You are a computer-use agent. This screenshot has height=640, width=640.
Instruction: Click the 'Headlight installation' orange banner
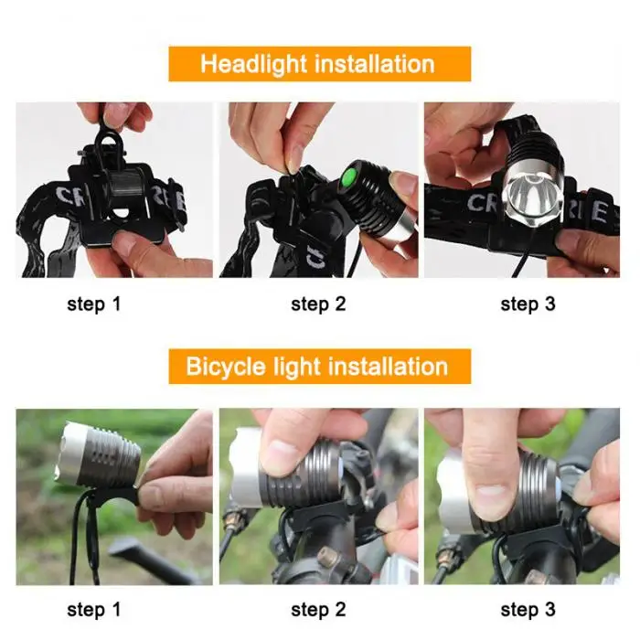319,64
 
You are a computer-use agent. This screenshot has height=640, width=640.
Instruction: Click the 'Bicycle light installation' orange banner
319,367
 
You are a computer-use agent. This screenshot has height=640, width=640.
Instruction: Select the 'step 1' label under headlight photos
93,304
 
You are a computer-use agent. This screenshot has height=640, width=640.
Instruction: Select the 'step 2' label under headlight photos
318,304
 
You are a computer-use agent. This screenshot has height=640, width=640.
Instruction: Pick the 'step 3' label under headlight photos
528,304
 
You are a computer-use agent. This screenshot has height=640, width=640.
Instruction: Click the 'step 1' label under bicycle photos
93,609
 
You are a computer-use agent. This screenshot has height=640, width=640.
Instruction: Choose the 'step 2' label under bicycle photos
318,609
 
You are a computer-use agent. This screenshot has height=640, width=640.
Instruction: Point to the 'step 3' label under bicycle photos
528,609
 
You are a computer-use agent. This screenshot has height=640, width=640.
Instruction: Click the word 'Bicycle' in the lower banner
225,367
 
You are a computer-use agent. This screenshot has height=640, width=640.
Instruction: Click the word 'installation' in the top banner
372,64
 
